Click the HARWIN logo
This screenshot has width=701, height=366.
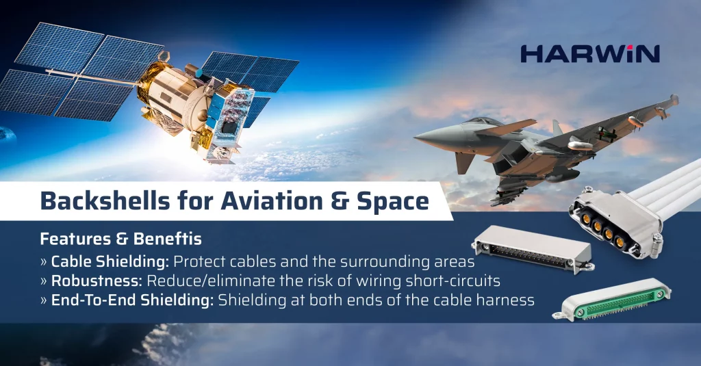589,54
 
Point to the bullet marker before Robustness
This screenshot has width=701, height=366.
44,281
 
